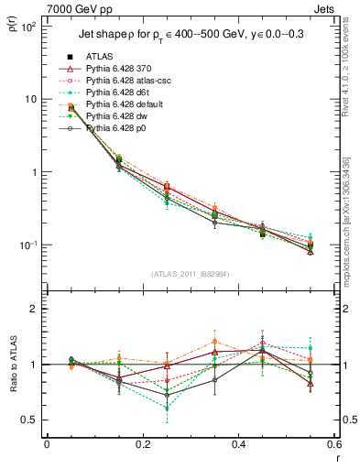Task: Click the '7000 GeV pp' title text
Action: (x=79, y=9)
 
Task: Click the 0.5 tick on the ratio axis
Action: (x=30, y=420)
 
